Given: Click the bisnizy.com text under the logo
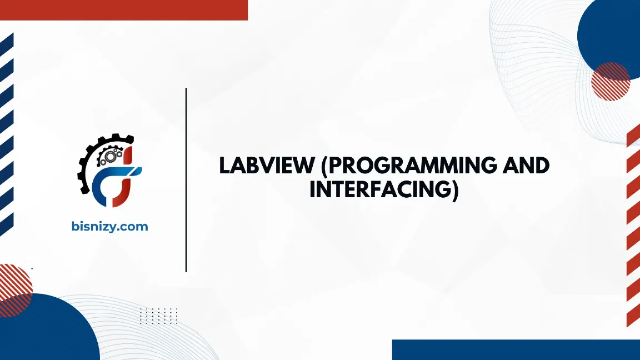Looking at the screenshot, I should (110, 226).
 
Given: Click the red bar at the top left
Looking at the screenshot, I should (123, 9).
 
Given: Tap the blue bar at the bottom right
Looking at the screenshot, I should (516, 349).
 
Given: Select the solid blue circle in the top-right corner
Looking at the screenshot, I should (611, 33).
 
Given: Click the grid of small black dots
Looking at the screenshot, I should (158, 316).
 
